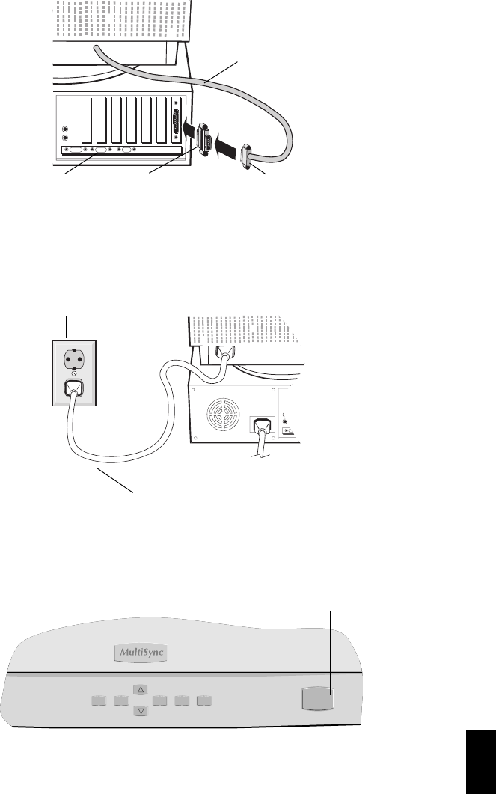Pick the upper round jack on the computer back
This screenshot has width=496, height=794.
[x=66, y=128]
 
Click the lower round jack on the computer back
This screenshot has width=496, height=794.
[x=66, y=138]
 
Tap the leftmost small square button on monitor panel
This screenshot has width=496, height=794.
[x=97, y=700]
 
